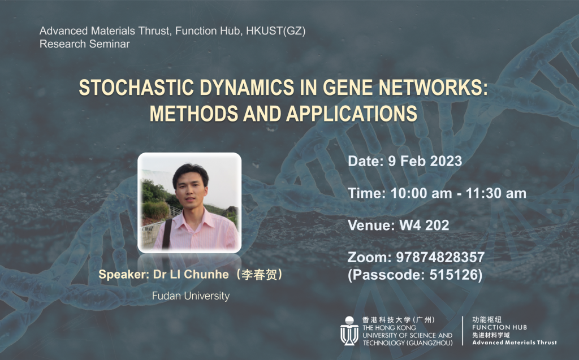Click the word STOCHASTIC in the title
tap(136, 88)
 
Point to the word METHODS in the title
tap(194, 114)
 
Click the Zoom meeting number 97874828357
tap(440, 257)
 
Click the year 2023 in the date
tap(446, 161)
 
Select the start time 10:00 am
tap(421, 193)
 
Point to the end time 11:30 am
tap(496, 193)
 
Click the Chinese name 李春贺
tap(259, 274)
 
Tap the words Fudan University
tap(191, 296)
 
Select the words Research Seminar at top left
tap(85, 44)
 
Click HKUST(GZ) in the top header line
tap(276, 31)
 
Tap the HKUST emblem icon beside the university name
tap(349, 331)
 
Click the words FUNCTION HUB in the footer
tap(500, 327)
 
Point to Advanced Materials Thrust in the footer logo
tap(515, 342)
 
